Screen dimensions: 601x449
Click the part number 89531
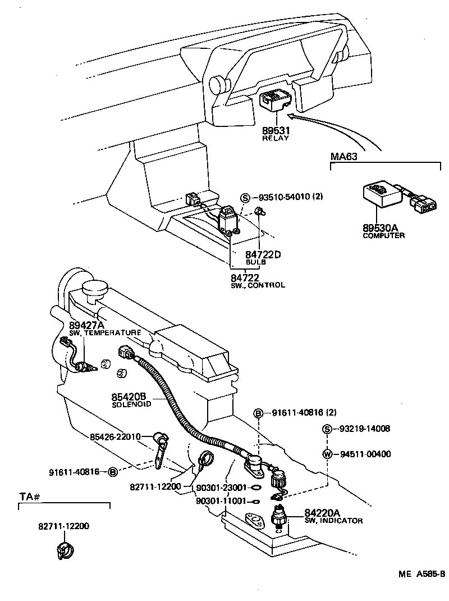(x=275, y=130)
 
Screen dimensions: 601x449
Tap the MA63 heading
(x=343, y=156)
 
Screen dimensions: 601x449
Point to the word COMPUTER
(x=384, y=235)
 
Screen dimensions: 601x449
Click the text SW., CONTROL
(x=258, y=285)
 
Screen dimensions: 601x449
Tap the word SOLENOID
(x=131, y=404)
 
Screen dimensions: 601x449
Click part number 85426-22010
(x=116, y=436)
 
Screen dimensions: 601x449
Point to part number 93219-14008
(x=364, y=429)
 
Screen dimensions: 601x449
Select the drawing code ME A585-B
(x=421, y=573)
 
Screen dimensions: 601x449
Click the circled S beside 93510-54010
(x=245, y=198)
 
